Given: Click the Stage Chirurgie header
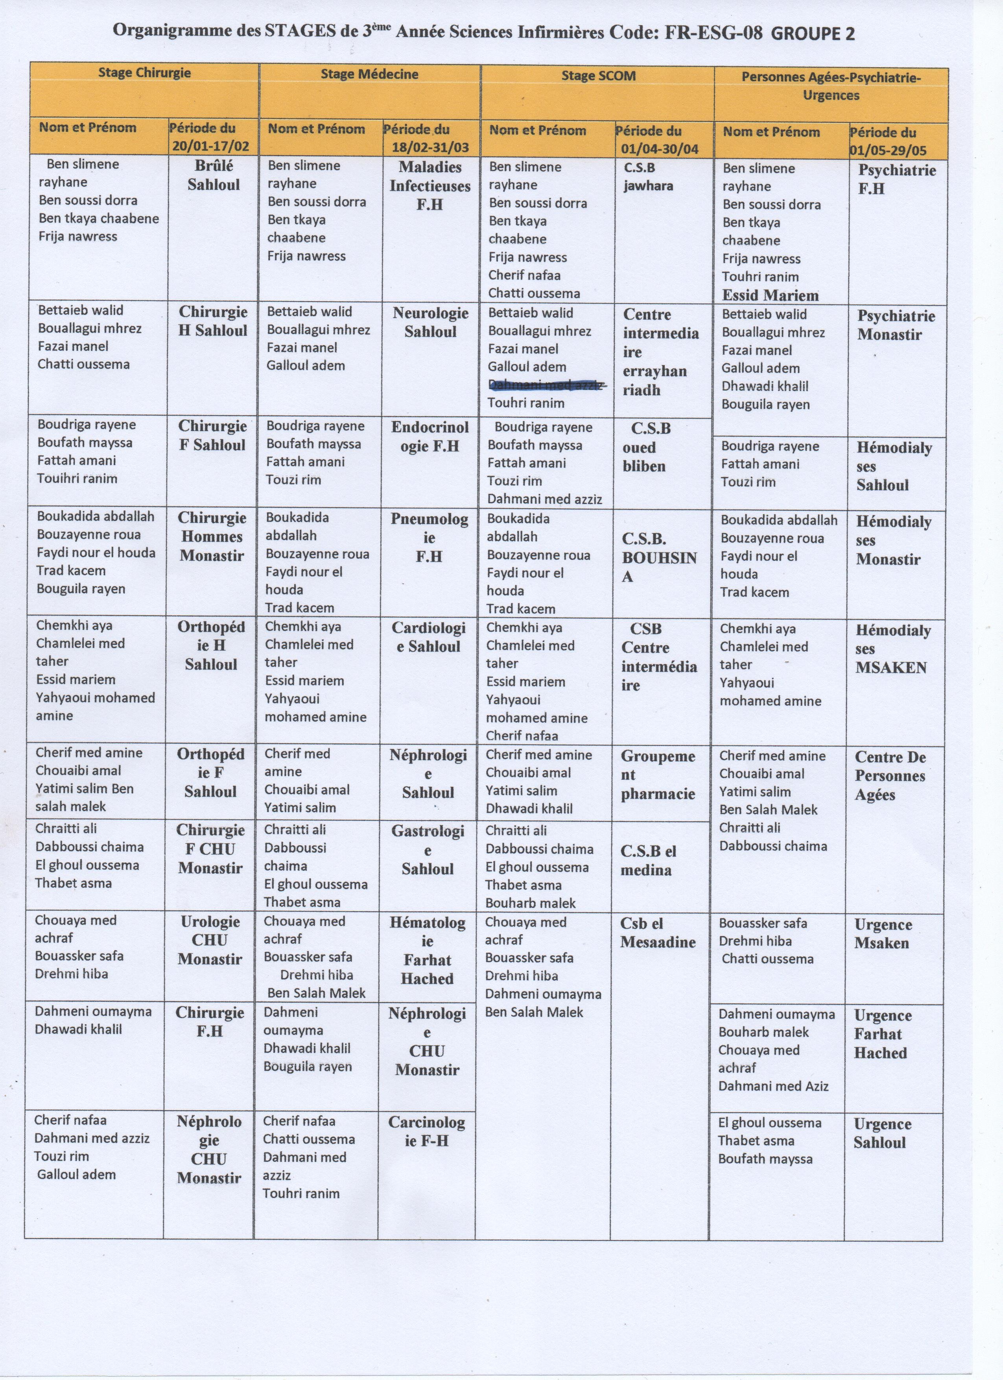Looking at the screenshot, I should click(144, 73).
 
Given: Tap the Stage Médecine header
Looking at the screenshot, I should click(369, 74).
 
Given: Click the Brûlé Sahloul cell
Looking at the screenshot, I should click(213, 175).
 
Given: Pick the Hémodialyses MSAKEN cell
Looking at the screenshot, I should click(892, 649).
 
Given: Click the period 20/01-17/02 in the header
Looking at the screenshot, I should click(210, 146).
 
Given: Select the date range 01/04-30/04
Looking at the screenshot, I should click(659, 149).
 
